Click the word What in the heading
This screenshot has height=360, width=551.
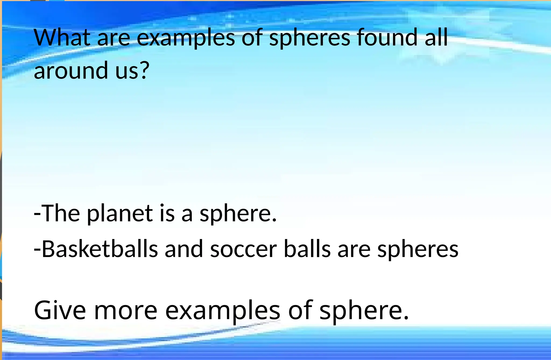pos(62,38)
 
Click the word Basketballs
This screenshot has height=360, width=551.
pos(100,249)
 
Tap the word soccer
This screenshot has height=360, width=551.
pos(243,249)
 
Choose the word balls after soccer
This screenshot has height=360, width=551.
pos(307,249)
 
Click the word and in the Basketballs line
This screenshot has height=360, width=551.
pos(184,249)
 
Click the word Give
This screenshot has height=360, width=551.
pos(60,311)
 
